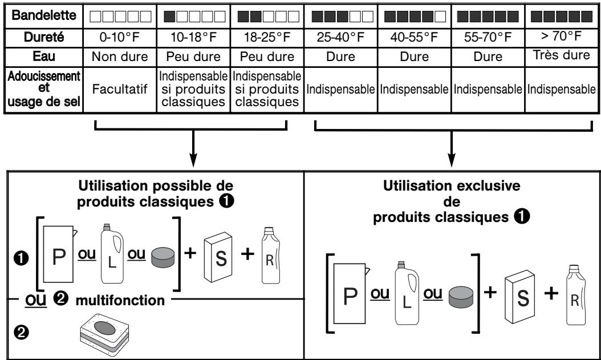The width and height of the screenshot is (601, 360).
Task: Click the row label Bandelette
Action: pyautogui.click(x=44, y=15)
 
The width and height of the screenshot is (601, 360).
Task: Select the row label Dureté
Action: pyautogui.click(x=44, y=37)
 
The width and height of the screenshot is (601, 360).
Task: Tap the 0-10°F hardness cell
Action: pyautogui.click(x=120, y=38)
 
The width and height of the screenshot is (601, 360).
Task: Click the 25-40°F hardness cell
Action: pyautogui.click(x=340, y=38)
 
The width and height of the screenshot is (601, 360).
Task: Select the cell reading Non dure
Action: pyautogui.click(x=120, y=56)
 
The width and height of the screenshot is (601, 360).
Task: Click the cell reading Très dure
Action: pyautogui.click(x=562, y=55)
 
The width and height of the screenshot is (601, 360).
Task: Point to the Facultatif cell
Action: pyautogui.click(x=120, y=90)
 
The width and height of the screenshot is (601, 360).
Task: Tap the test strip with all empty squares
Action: pyautogui.click(x=120, y=17)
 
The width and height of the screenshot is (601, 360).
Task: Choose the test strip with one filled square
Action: pyautogui.click(x=194, y=17)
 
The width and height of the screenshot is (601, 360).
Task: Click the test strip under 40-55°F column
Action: pyautogui.click(x=415, y=17)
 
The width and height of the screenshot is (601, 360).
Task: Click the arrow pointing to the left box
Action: pyautogui.click(x=193, y=148)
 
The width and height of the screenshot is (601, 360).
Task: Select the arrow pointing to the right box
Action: pyautogui.click(x=452, y=148)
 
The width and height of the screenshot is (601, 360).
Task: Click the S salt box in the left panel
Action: pyautogui.click(x=218, y=257)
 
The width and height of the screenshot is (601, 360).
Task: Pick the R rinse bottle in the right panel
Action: pyautogui.click(x=576, y=294)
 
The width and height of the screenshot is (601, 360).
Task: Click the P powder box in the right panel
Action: pyautogui.click(x=350, y=293)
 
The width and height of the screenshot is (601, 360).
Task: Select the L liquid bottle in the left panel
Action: pyautogui.click(x=112, y=253)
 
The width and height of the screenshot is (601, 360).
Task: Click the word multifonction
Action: pyautogui.click(x=120, y=300)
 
